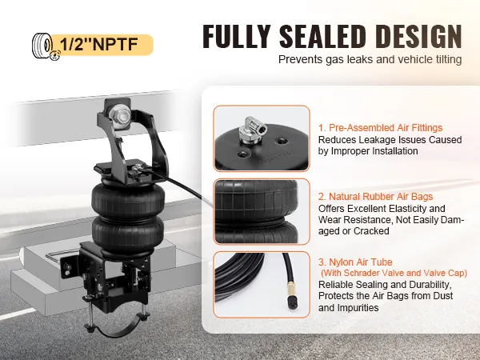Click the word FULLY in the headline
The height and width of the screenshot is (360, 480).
point(237,36)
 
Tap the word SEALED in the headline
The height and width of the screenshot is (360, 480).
point(322,36)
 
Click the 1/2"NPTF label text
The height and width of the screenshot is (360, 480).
point(99,44)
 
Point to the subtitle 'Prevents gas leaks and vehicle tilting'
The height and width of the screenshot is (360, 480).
point(370,59)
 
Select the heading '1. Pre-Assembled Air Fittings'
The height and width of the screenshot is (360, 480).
point(380,128)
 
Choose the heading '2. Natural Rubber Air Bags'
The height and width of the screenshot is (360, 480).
point(375,196)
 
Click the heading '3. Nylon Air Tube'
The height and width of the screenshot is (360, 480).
point(355,262)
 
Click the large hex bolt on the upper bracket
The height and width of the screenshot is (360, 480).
point(122,117)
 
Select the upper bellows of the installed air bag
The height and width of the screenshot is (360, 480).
point(128,198)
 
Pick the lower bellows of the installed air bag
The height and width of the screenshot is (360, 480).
point(128,234)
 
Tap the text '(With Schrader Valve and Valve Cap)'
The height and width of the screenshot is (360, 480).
point(394,273)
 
